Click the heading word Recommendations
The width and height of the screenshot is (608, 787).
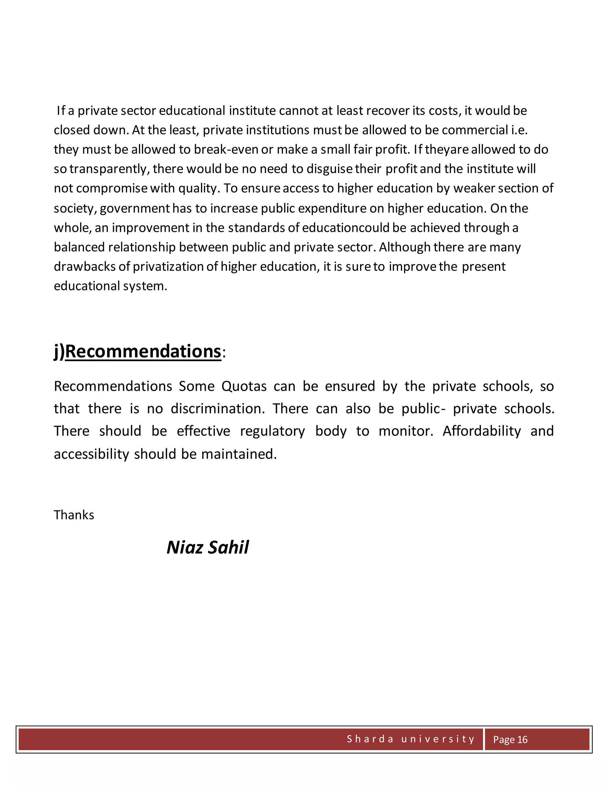pos(143,351)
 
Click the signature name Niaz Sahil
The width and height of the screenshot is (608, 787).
pos(208,547)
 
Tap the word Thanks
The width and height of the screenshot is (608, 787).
pos(74,515)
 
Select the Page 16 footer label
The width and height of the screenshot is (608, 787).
pos(510,739)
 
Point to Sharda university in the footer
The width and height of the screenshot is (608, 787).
pos(411,739)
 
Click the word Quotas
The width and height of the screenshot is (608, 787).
pos(244,386)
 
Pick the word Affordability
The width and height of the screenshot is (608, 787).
pos(482,431)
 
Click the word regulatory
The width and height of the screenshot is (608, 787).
pos(272,431)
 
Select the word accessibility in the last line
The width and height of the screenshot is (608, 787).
pos(91,454)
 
